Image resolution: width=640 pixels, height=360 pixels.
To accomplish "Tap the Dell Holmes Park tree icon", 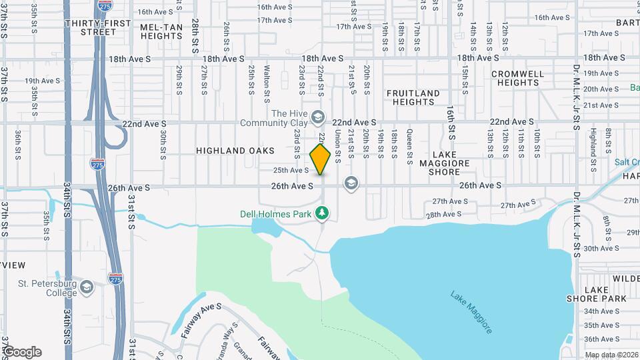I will pyautogui.click(x=323, y=213).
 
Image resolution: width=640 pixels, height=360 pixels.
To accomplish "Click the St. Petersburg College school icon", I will pyautogui.click(x=86, y=288).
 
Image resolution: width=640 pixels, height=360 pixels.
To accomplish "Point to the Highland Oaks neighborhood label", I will pyautogui.click(x=230, y=151).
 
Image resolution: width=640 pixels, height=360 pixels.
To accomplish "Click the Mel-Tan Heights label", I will pyautogui.click(x=162, y=31).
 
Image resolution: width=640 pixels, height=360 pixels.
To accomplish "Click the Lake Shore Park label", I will pyautogui.click(x=605, y=294).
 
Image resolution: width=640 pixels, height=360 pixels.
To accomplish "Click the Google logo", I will pyautogui.click(x=21, y=351).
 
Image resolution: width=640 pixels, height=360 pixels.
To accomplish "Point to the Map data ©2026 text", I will pyautogui.click(x=611, y=354).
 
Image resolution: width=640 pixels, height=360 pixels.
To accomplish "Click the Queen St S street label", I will pyautogui.click(x=409, y=143).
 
